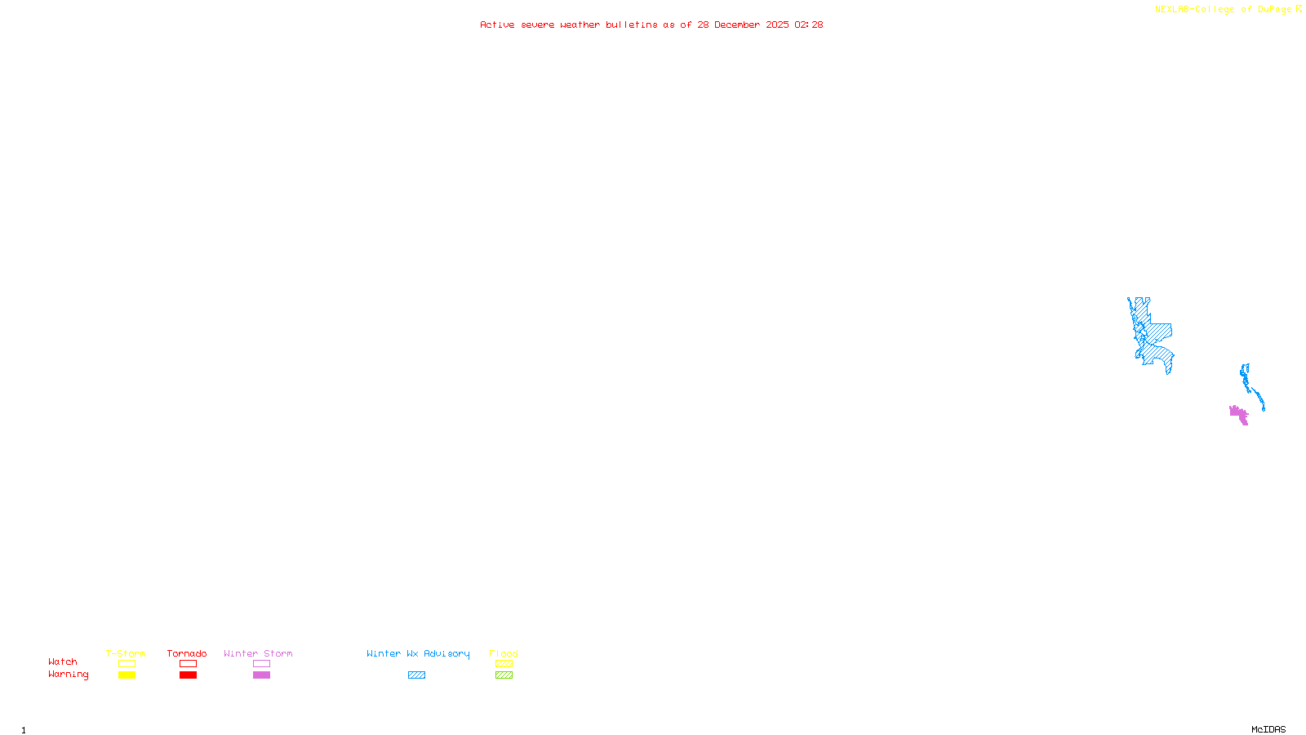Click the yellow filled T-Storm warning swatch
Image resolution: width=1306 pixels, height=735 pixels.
(127, 675)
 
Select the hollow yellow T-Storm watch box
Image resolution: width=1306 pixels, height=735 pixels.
(127, 664)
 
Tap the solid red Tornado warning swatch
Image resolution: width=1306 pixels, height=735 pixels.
(188, 675)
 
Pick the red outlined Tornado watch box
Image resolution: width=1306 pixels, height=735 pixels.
(188, 664)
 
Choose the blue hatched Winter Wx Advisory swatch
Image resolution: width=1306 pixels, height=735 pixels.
(416, 675)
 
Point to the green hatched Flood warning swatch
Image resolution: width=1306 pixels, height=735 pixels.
(504, 675)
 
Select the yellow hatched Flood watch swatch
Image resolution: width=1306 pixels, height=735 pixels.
(504, 664)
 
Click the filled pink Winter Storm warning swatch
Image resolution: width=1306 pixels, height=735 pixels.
(261, 675)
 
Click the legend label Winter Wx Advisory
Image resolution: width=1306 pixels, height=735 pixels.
(418, 653)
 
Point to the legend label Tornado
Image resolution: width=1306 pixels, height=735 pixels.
(187, 653)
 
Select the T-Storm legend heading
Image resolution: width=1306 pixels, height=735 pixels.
(126, 653)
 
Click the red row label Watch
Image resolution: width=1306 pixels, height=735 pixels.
(63, 662)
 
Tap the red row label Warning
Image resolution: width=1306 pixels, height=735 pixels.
(68, 675)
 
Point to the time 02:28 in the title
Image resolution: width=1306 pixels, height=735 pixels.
(808, 24)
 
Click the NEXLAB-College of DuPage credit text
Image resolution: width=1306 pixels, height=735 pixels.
(1224, 10)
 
